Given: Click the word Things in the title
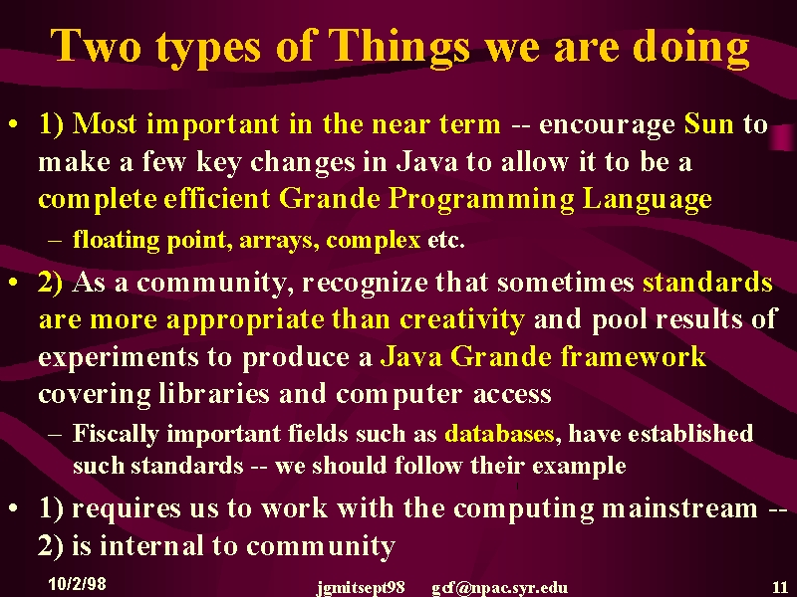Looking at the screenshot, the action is coord(399,47).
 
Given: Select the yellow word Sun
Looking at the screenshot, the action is coord(709,123).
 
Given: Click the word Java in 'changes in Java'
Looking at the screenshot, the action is coord(427,162).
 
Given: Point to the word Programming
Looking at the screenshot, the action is coord(481,200).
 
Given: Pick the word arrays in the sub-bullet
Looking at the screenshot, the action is coord(279,240).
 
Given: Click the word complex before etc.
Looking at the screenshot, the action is coord(373,240).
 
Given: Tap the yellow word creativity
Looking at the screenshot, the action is coord(462,319).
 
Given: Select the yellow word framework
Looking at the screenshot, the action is coord(634,356).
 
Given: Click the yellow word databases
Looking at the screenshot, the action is coord(499,434).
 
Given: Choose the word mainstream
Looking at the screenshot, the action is coord(679,508).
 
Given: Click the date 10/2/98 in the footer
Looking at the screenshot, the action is coord(78,583).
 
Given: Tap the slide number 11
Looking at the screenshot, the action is coord(780,587).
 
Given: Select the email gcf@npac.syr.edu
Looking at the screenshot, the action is coord(500,588).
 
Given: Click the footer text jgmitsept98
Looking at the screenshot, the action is coord(361,588).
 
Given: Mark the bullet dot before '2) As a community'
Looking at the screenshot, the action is coord(14,283).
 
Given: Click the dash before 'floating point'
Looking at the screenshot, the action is coord(55,240).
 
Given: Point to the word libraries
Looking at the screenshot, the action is coord(213,394).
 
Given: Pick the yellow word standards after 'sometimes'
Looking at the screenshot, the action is coord(707,283).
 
